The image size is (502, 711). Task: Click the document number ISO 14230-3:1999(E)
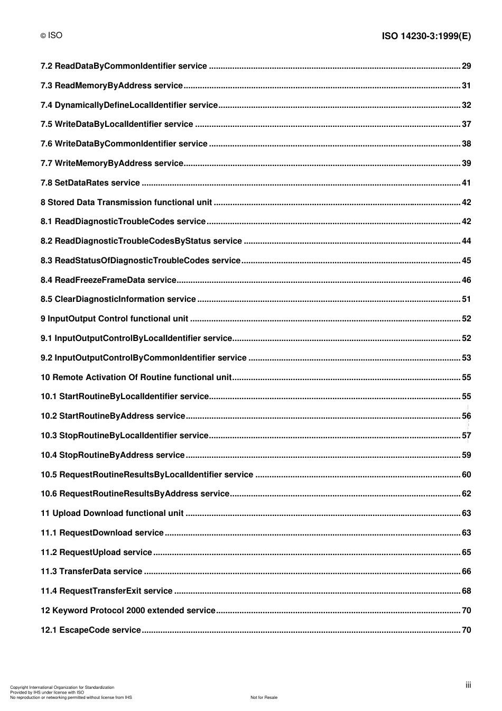[426, 36]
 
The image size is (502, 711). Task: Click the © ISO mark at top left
[51, 35]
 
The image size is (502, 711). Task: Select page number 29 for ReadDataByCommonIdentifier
[466, 66]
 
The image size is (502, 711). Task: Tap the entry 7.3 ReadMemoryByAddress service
[111, 86]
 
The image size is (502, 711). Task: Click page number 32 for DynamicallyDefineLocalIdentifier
[466, 105]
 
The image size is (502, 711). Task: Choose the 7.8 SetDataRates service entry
[90, 183]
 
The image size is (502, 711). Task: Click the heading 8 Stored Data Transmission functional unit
[126, 202]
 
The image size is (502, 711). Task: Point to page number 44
[466, 241]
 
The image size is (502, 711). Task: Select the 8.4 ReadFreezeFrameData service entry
[108, 280]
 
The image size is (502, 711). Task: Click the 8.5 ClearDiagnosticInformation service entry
[118, 299]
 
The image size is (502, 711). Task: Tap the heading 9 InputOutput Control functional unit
[114, 319]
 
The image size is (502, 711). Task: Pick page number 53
[466, 358]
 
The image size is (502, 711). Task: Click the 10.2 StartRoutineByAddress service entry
[113, 416]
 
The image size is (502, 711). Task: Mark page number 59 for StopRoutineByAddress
[466, 455]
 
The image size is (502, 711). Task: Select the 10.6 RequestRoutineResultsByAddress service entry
[135, 494]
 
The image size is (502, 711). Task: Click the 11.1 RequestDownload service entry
[102, 533]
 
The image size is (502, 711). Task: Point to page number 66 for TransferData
[466, 571]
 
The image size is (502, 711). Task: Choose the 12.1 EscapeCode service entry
[91, 630]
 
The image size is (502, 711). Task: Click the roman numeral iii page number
[468, 685]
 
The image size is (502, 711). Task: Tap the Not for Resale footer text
[264, 697]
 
